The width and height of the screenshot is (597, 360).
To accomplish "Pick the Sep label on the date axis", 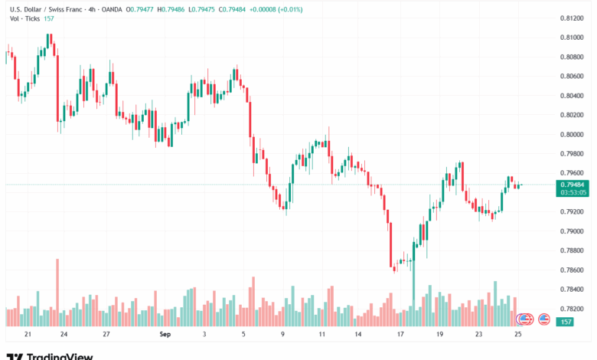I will tap(164, 335).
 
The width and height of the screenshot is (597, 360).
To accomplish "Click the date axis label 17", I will tap(400, 335).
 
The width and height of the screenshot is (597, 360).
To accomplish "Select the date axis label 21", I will tap(28, 335).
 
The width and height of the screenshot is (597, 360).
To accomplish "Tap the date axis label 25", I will tap(518, 335).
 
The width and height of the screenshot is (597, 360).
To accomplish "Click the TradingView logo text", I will tap(60, 355).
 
